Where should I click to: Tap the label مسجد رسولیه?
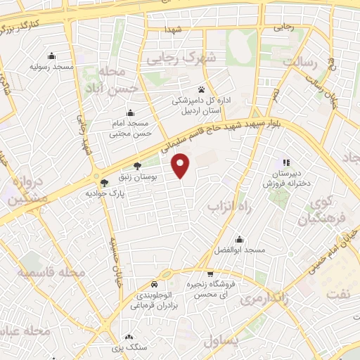51,67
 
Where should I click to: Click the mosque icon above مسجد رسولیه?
51,56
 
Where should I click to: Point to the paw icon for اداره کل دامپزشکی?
202,89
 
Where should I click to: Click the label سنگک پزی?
127,347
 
